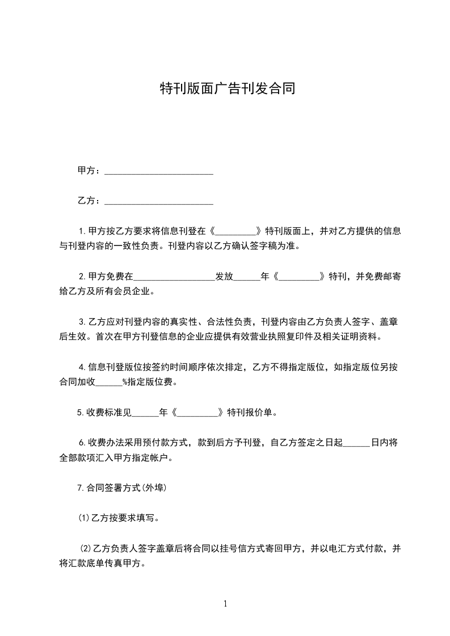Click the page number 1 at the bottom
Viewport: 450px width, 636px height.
[x=225, y=604]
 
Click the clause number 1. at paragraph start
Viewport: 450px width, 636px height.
[x=83, y=231]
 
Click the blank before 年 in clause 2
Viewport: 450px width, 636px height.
[x=246, y=277]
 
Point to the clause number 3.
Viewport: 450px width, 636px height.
[x=83, y=322]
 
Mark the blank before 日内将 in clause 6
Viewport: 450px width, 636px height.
[x=356, y=442]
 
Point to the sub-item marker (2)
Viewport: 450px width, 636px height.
[x=86, y=548]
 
